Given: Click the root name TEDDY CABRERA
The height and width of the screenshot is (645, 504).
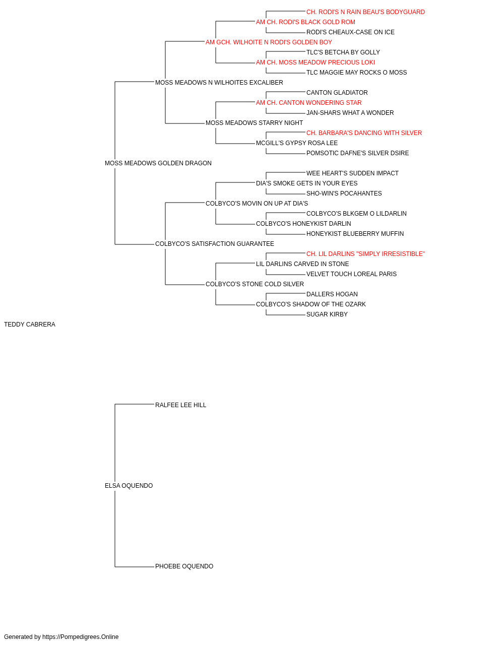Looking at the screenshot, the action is tap(30, 325).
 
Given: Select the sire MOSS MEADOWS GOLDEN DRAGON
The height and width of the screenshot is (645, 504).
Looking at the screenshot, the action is tap(158, 163).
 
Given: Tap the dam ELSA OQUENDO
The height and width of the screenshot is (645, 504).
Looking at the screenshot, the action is tap(129, 486).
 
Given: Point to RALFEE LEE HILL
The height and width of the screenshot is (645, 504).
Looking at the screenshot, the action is tap(181, 405).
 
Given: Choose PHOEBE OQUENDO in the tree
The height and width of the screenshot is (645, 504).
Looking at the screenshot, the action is tap(184, 566).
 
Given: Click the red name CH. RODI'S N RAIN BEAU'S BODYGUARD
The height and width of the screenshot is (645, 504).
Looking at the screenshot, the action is tap(366, 12).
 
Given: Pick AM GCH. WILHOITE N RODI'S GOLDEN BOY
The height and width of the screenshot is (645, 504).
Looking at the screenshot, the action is tap(269, 42).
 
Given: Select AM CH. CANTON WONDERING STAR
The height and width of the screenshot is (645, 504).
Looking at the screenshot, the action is tap(308, 103).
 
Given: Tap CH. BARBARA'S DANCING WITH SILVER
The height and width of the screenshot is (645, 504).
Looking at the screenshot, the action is tap(364, 133).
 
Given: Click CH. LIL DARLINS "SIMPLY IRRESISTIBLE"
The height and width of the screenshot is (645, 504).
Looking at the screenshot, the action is tap(366, 254).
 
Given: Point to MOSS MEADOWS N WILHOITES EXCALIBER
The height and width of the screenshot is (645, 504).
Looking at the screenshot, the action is tap(219, 83).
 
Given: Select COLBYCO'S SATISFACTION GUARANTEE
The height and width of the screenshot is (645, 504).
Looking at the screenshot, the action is tap(215, 244).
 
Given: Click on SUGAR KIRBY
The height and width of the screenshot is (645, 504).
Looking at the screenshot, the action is tap(327, 314).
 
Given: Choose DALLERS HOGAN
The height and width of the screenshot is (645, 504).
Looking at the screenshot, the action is tap(332, 294).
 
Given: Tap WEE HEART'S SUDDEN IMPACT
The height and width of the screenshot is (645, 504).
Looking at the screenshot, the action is tap(353, 173).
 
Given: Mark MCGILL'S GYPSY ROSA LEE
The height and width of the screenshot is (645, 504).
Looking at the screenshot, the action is tap(297, 143).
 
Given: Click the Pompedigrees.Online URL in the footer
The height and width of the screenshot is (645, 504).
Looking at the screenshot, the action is tap(81, 637).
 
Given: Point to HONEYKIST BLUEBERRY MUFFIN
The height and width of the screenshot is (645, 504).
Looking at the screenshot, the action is tap(355, 234).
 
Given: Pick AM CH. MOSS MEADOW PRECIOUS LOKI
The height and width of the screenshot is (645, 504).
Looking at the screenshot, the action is tap(316, 62).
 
